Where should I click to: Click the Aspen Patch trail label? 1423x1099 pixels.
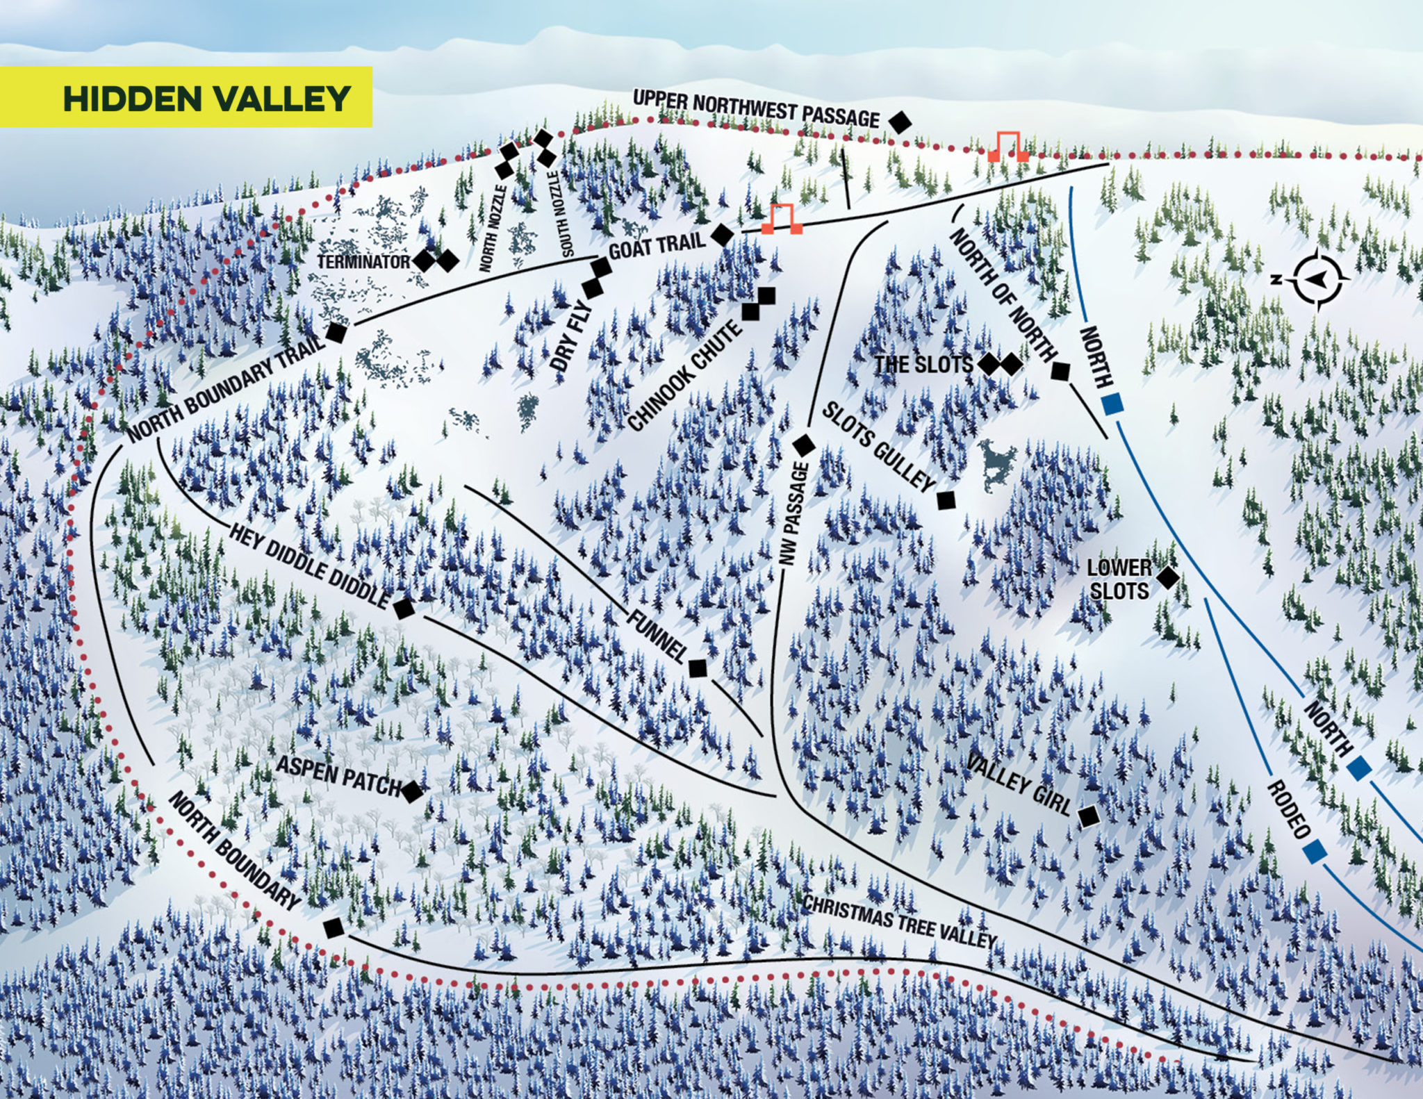click(x=339, y=776)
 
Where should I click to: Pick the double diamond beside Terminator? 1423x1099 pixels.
click(x=436, y=261)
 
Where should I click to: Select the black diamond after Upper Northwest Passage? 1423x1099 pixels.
click(x=900, y=122)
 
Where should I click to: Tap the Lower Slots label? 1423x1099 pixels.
click(x=1119, y=579)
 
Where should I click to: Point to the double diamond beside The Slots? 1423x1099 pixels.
click(x=1000, y=364)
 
